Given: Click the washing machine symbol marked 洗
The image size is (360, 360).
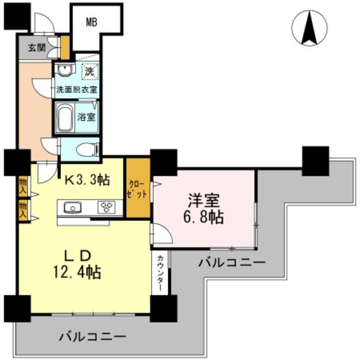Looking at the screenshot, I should (x=89, y=71).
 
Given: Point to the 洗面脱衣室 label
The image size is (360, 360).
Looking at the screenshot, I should (x=76, y=89).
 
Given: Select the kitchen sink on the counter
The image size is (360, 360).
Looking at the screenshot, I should (x=73, y=206).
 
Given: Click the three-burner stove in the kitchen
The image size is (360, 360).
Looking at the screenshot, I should (x=106, y=206).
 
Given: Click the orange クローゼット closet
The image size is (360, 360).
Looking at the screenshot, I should (x=138, y=188).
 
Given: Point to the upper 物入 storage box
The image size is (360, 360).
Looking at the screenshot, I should (x=23, y=186).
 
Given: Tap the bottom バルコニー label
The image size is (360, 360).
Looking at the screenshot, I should (x=92, y=337).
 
